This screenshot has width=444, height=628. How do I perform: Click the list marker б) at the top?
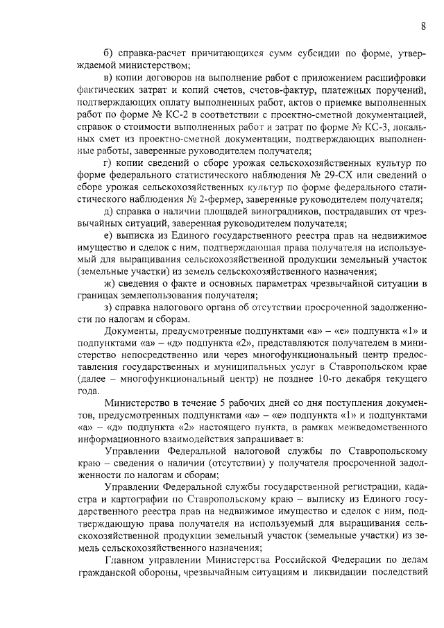pos(109,53)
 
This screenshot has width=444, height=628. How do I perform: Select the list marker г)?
pos(108,162)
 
